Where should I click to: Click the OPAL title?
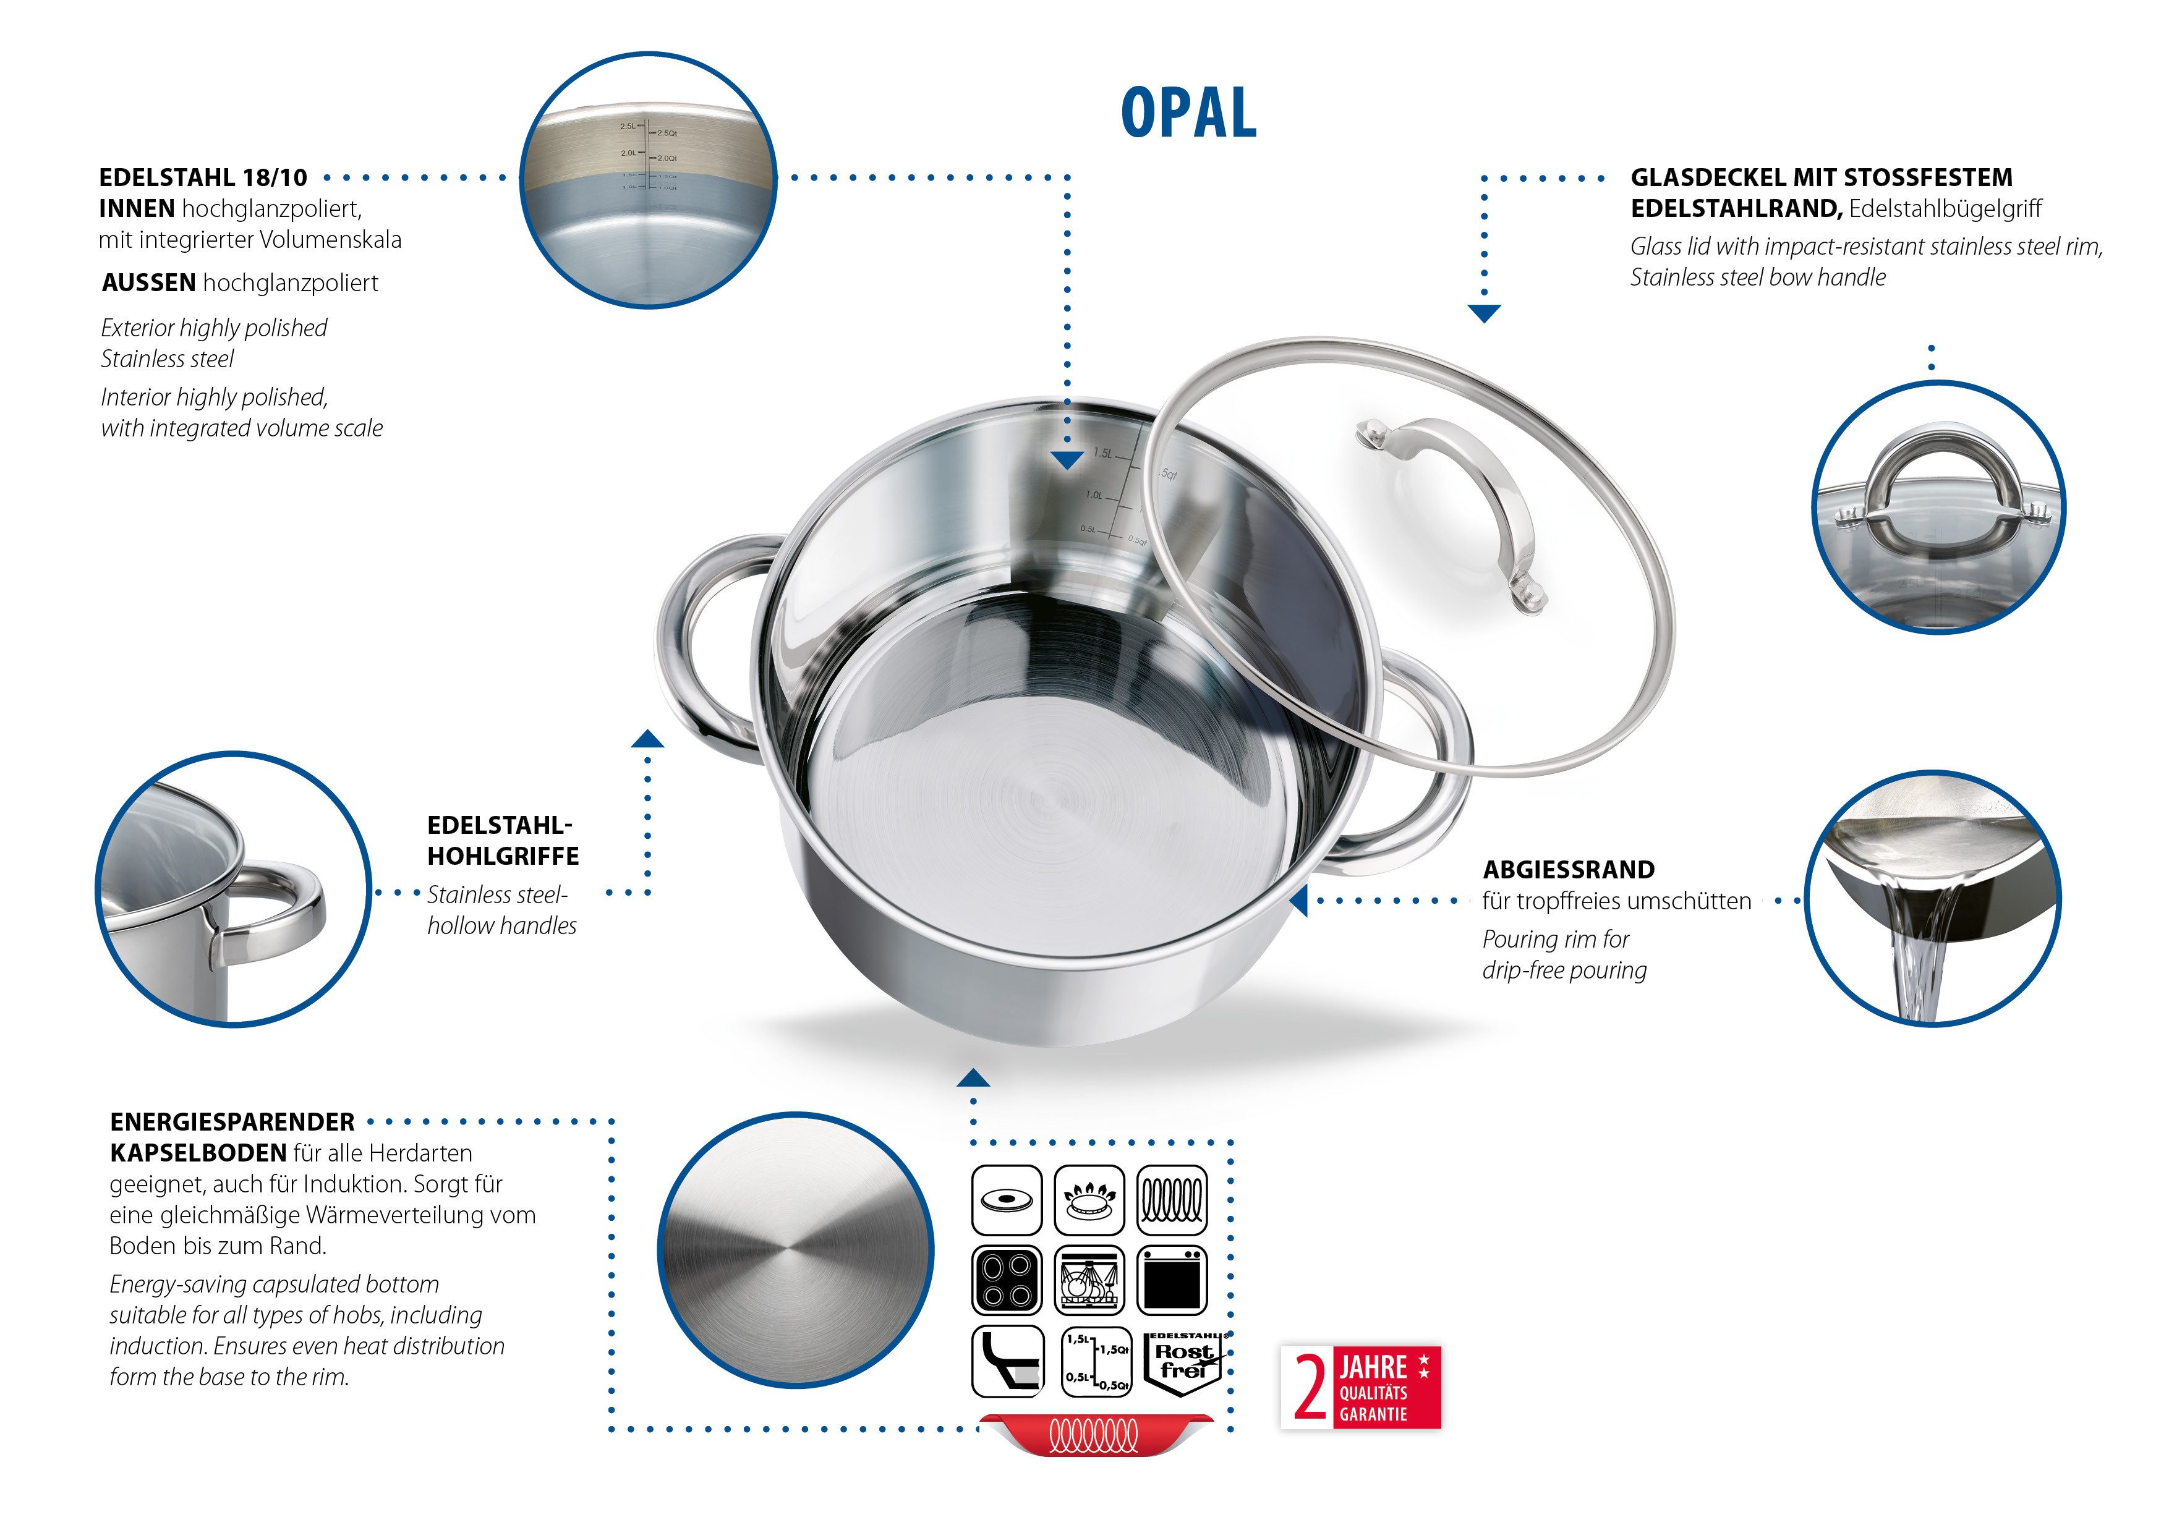click(x=1188, y=113)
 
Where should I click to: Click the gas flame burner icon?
click(x=1089, y=1200)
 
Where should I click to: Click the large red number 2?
click(x=1310, y=1386)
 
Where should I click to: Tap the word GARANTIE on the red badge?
click(x=1373, y=1414)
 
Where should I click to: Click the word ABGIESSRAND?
click(x=1568, y=869)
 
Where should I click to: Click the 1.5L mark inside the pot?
click(x=1102, y=453)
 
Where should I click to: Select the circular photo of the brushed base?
click(x=795, y=1250)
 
